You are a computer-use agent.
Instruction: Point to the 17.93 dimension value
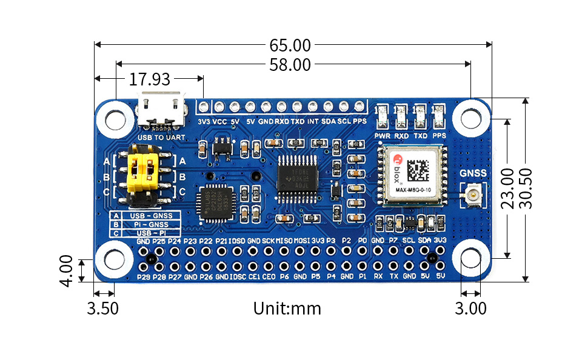(x=149, y=79)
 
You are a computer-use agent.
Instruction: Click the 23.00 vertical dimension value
(x=508, y=188)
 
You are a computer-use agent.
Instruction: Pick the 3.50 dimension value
(x=103, y=308)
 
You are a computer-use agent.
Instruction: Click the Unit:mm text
(x=287, y=308)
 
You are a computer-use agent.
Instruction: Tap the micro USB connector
(x=160, y=110)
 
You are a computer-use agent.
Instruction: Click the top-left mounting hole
(x=115, y=118)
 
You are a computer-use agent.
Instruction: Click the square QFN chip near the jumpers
(x=216, y=203)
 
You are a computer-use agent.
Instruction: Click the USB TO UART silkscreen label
(x=161, y=138)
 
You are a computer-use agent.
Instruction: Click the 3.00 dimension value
(x=470, y=308)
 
